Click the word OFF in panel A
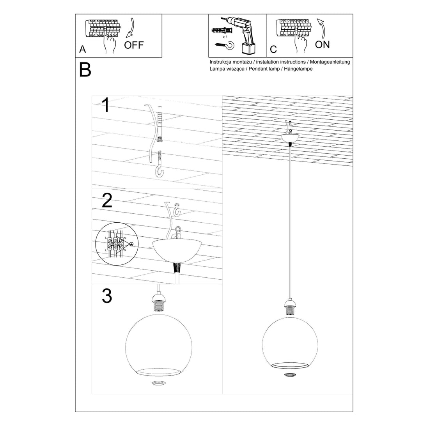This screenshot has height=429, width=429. tap(134, 45)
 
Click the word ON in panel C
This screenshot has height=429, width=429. tap(322, 44)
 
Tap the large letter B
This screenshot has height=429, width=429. tap(85, 69)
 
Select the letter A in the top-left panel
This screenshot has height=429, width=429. tap(82, 49)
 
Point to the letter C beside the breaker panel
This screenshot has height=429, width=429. tap(273, 50)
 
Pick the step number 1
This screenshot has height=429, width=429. tap(105, 105)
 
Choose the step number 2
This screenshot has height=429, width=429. tap(106, 200)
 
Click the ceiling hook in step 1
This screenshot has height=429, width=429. tap(160, 165)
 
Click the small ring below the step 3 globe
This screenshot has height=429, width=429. tap(158, 383)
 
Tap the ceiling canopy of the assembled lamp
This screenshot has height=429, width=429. tap(290, 138)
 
